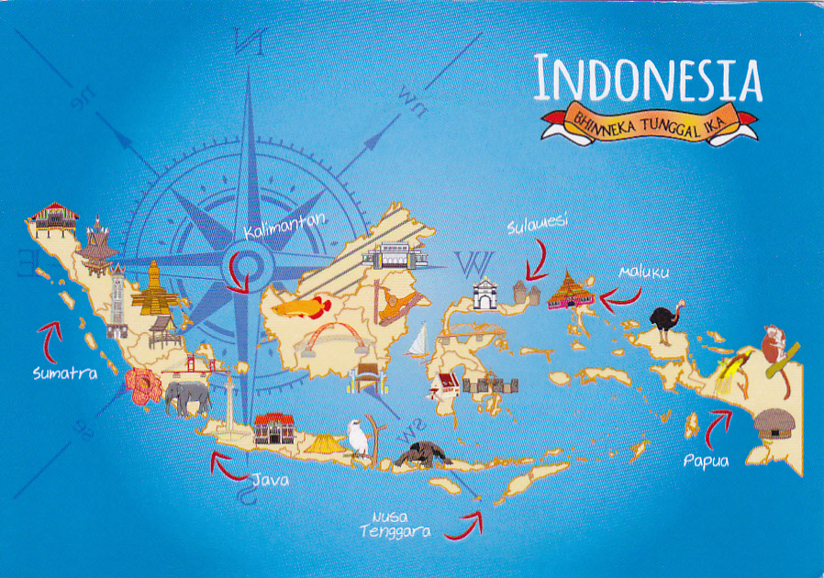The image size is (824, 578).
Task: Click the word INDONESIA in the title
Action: coord(648,79)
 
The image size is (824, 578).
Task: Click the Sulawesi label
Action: coord(538,222)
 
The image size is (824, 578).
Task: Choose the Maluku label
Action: coord(643,272)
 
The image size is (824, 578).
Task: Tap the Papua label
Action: coord(706,461)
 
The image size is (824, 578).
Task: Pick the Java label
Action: coord(271,478)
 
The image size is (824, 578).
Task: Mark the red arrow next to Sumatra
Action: coord(51,336)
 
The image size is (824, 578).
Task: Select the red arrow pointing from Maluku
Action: coord(622,295)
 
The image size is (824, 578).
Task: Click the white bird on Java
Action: coord(357,438)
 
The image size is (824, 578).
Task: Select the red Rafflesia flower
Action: coord(143,387)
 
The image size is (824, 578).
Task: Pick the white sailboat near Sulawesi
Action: coord(418,342)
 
